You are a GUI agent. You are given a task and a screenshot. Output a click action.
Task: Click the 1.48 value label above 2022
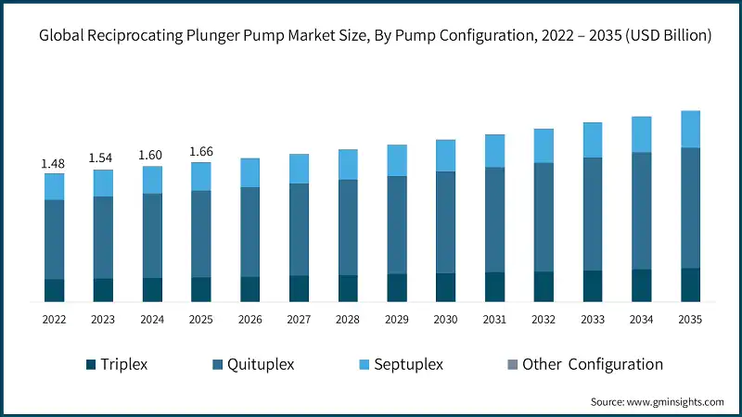(54, 164)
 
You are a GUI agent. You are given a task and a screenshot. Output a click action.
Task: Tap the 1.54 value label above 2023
(103, 159)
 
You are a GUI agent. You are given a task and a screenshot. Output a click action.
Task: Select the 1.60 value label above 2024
(152, 156)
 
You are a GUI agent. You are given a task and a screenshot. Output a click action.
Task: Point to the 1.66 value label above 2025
(201, 152)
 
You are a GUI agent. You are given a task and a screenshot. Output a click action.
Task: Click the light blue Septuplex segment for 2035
(690, 130)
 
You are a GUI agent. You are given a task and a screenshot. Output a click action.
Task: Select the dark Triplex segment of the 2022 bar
(54, 290)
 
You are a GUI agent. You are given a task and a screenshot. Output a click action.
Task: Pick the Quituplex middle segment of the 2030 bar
(445, 222)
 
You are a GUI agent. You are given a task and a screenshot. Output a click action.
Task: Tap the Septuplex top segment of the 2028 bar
(348, 164)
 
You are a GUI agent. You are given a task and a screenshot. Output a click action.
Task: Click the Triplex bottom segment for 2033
(592, 286)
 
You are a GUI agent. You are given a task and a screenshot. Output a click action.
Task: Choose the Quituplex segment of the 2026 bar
(249, 232)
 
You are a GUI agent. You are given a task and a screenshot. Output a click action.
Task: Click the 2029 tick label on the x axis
(397, 320)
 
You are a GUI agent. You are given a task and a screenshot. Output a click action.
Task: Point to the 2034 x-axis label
(641, 320)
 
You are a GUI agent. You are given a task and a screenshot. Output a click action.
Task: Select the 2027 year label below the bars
(299, 320)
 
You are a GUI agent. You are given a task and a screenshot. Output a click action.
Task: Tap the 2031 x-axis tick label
(494, 320)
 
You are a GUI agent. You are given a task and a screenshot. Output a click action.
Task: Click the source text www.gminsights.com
(675, 402)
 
